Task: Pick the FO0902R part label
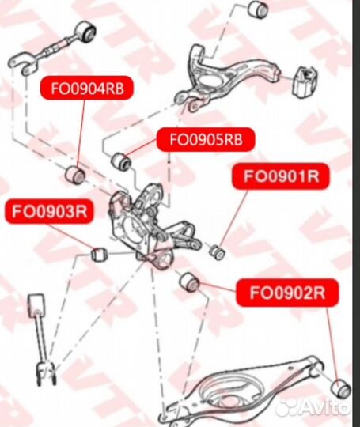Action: pos(287,293)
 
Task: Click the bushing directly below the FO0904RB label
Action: pos(78,172)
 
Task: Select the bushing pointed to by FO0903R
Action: pos(97,255)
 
